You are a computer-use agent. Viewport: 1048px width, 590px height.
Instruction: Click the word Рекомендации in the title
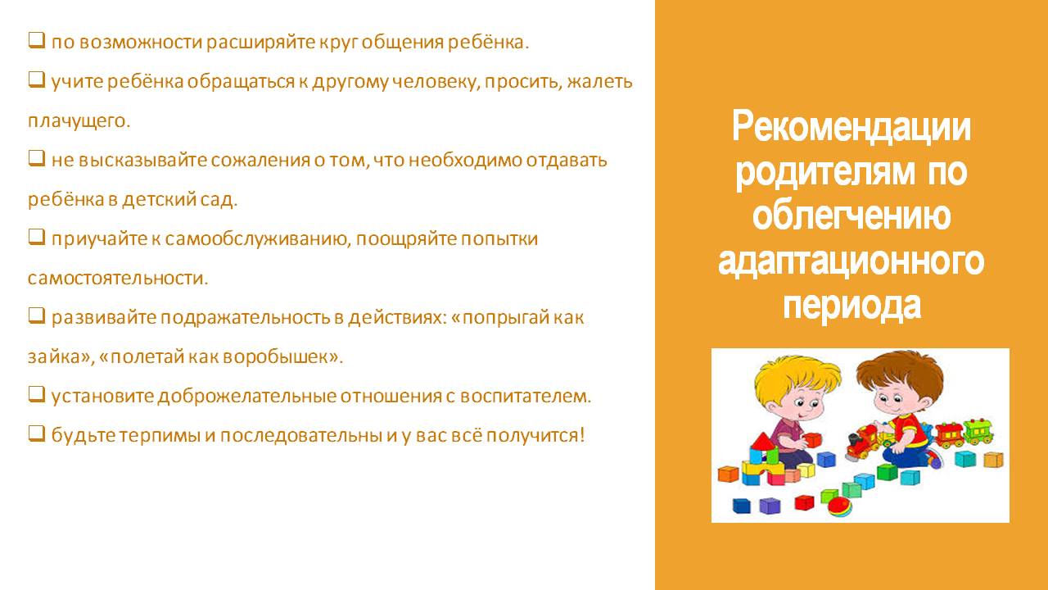[x=851, y=126]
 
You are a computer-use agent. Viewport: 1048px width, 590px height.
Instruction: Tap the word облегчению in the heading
[x=851, y=216]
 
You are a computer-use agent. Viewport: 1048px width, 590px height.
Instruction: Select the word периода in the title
[x=852, y=306]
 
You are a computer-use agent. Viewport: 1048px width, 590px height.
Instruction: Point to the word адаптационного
[x=851, y=261]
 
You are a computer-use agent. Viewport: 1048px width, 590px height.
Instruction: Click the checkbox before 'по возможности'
[x=37, y=40]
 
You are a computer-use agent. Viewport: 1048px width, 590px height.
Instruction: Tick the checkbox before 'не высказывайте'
[x=37, y=158]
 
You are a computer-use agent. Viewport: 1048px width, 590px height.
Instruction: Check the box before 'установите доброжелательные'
[x=37, y=394]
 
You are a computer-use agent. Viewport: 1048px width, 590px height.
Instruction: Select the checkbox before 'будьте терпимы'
[x=37, y=433]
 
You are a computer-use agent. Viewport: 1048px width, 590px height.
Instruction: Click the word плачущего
[x=79, y=121]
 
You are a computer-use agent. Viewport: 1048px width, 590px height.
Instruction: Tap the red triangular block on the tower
[x=762, y=442]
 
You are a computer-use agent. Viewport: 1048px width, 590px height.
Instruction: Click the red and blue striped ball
[x=840, y=506]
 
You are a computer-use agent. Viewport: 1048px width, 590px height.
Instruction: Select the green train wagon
[x=978, y=431]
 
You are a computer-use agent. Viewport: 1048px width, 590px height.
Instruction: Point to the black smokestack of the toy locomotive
[x=853, y=441]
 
